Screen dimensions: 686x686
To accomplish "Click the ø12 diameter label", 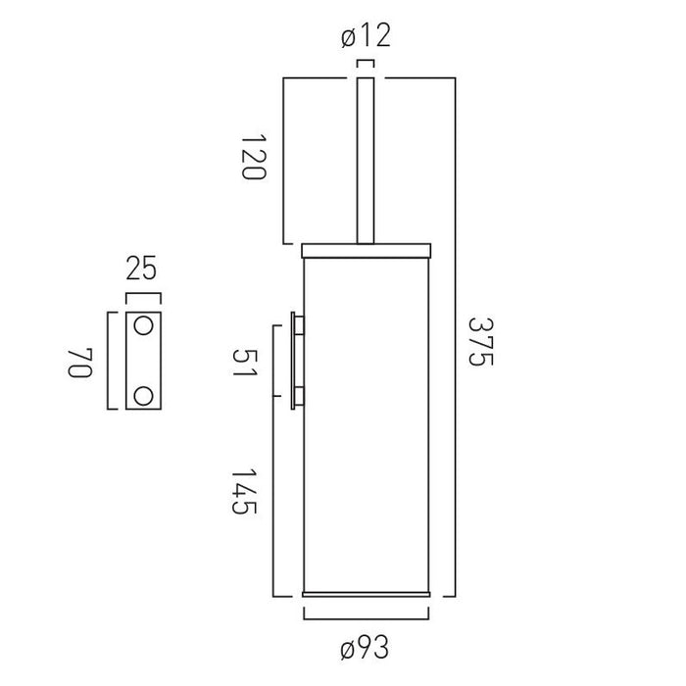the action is click(366, 36).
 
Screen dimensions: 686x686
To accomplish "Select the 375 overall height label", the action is click(481, 342).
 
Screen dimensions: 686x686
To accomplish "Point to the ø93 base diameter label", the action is click(365, 648).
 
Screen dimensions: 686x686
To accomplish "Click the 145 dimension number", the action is click(244, 491).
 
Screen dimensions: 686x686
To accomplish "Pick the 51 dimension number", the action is click(245, 363).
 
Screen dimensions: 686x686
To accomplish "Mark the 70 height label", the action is click(81, 363).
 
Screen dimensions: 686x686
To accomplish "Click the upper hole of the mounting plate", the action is click(143, 326).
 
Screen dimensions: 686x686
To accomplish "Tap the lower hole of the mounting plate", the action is click(143, 396).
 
